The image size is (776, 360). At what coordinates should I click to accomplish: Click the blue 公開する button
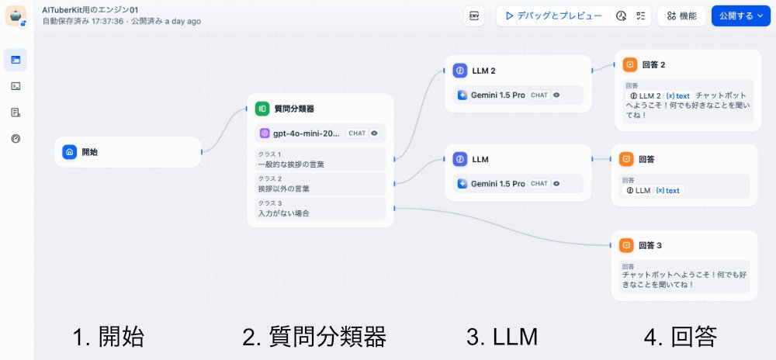click(x=740, y=16)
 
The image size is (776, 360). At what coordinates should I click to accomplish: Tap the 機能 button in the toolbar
click(x=681, y=16)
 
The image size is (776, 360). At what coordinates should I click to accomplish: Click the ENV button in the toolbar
click(x=473, y=16)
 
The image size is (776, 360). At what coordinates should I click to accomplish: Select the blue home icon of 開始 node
click(x=69, y=152)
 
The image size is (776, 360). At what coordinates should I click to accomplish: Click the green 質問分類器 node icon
click(x=262, y=109)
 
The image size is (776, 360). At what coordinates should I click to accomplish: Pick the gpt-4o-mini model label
click(x=307, y=133)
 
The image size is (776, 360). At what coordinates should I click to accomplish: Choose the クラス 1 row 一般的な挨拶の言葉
click(x=320, y=159)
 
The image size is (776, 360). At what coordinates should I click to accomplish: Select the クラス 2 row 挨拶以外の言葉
click(x=320, y=184)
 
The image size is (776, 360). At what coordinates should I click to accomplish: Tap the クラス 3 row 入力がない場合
click(x=320, y=208)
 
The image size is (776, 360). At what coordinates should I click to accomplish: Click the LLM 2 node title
click(x=484, y=71)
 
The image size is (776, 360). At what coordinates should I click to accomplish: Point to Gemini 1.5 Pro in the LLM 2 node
click(x=498, y=95)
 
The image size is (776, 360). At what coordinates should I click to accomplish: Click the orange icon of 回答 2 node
click(x=630, y=64)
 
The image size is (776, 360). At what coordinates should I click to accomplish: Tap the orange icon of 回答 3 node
click(x=626, y=245)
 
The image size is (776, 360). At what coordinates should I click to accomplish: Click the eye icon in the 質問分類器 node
click(x=375, y=133)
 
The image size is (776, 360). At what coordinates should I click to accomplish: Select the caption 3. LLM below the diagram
click(x=501, y=337)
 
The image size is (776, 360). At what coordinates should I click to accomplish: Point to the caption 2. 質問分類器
click(x=314, y=337)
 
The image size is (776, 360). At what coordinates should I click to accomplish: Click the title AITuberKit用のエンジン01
click(x=90, y=10)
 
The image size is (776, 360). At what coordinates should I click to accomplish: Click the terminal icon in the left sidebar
click(x=16, y=86)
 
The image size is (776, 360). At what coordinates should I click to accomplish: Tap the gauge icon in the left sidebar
click(x=16, y=139)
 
